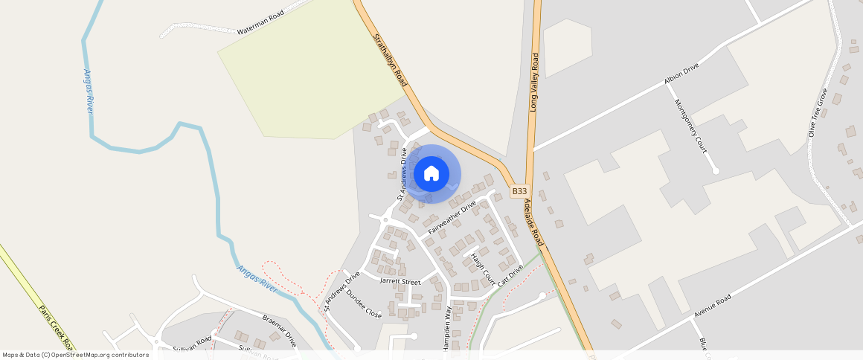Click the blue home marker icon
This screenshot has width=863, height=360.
tap(431, 174)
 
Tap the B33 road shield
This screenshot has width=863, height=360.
tap(520, 192)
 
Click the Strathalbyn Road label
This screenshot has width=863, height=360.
tap(389, 59)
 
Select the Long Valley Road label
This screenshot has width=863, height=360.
tap(534, 83)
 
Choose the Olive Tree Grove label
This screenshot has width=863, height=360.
tap(818, 113)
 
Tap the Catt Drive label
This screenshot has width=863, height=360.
tap(510, 275)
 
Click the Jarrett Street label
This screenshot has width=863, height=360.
tap(400, 282)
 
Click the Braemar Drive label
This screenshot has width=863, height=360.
tap(280, 331)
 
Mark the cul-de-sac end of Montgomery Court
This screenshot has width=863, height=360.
tap(716, 171)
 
